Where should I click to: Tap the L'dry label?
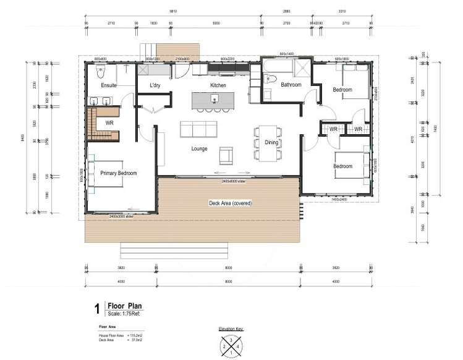coord(155,85)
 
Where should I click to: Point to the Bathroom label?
coord(291,85)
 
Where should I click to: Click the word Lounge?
coord(199,148)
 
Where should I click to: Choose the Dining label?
coord(271,142)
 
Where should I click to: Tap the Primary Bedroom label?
coord(118,173)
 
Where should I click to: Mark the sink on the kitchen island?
coord(215,98)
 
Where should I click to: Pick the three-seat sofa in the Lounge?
coord(198,129)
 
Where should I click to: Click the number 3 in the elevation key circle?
coord(231,338)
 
